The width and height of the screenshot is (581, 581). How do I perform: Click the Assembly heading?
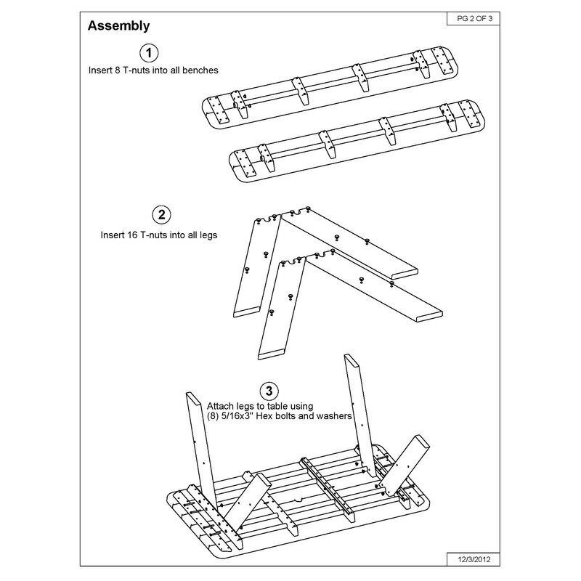(x=118, y=26)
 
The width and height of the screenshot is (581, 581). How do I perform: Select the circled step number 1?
(x=149, y=53)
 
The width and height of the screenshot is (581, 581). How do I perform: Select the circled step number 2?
(x=161, y=215)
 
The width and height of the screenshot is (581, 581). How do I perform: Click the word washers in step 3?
(x=335, y=417)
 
